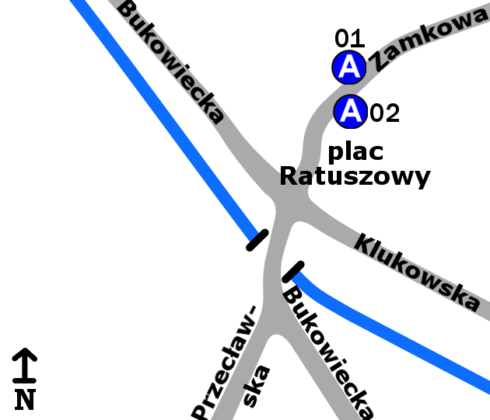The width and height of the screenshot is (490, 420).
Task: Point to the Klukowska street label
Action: click(x=417, y=272)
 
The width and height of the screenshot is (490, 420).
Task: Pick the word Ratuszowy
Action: click(x=355, y=177)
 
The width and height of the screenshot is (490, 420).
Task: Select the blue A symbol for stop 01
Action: click(x=349, y=68)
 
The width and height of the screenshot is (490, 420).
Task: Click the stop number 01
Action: click(x=349, y=38)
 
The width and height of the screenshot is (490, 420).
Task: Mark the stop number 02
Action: click(x=384, y=113)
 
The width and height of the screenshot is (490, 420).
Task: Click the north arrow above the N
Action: click(x=25, y=364)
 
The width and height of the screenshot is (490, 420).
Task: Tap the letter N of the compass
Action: click(x=25, y=399)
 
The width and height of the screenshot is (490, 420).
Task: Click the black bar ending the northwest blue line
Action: click(x=257, y=240)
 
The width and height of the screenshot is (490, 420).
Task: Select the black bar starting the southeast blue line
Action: click(x=293, y=271)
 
